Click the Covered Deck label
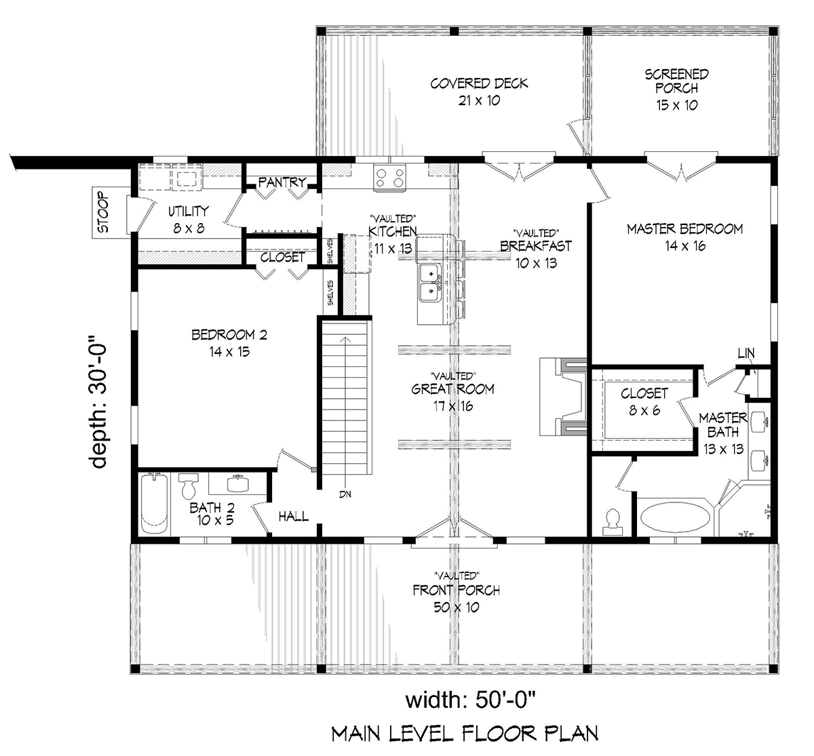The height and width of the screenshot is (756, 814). [479, 92]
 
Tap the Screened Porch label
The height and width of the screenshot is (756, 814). [676, 89]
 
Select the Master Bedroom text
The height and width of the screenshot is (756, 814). [684, 237]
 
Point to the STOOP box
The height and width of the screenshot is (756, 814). [102, 213]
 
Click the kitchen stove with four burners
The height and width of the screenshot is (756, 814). [389, 178]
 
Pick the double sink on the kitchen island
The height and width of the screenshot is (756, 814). [429, 283]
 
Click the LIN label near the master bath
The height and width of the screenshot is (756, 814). [745, 353]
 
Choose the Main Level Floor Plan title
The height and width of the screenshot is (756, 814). [465, 733]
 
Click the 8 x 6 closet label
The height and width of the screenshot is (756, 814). [644, 401]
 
